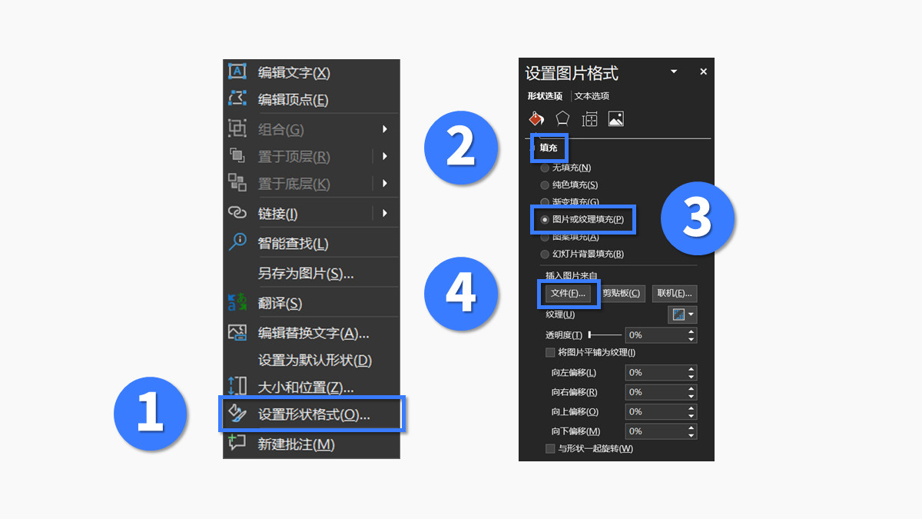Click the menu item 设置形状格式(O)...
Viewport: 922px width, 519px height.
(x=313, y=414)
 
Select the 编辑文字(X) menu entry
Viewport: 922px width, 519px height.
(x=294, y=72)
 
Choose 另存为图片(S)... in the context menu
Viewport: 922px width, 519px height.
(x=305, y=273)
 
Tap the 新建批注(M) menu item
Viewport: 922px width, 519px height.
(x=296, y=444)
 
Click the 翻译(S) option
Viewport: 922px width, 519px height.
(x=280, y=303)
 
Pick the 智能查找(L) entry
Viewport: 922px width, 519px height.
(x=293, y=243)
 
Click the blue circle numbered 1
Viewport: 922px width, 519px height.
(x=150, y=414)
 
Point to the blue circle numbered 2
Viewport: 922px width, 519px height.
(x=461, y=147)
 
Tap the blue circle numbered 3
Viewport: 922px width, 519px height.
(x=698, y=218)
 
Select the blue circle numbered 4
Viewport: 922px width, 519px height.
(x=461, y=294)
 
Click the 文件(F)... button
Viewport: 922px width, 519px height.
(x=569, y=294)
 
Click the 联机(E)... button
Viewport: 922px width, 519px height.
(x=675, y=294)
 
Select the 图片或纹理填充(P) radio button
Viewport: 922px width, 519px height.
(x=545, y=220)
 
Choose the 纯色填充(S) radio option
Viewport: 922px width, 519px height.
(x=545, y=185)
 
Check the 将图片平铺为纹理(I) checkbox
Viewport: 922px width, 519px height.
(x=550, y=353)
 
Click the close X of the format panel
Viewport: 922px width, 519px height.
(x=703, y=72)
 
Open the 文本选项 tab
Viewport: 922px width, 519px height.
(x=592, y=96)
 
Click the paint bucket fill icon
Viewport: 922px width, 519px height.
(x=536, y=118)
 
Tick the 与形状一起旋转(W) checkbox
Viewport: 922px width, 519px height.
(x=550, y=449)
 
